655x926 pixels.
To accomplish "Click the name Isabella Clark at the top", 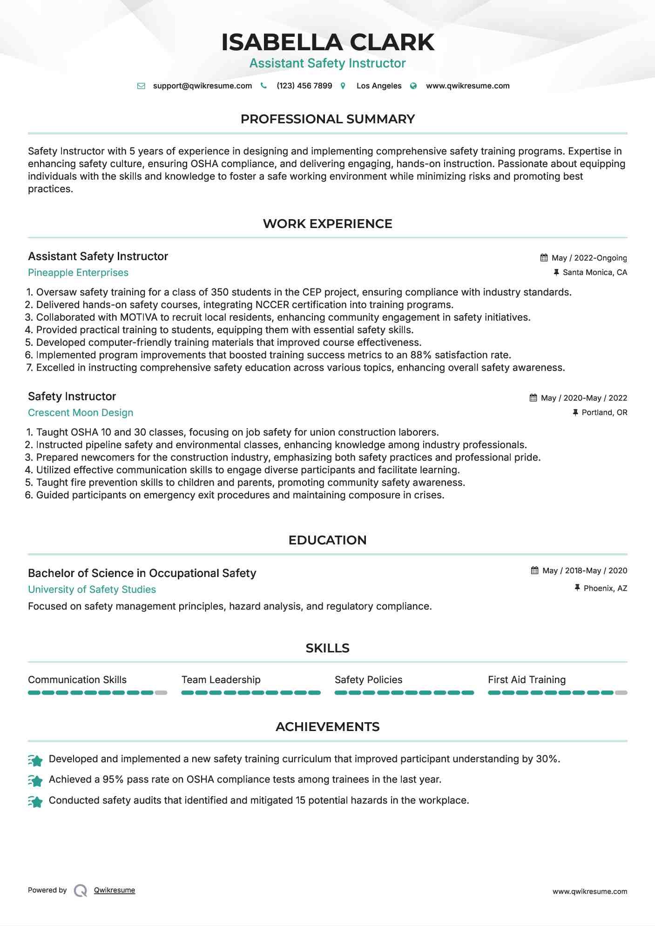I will point(327,42).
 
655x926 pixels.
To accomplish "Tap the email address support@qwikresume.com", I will point(202,86).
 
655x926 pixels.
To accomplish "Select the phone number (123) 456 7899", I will point(304,86).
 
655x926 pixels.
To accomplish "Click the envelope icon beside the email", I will point(141,86).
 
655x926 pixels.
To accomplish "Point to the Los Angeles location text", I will point(378,86).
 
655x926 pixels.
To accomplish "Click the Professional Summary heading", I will point(327,119).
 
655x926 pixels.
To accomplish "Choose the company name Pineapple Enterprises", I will point(78,273).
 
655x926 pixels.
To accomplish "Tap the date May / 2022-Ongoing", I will point(589,258).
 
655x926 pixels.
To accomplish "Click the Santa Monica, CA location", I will point(594,273).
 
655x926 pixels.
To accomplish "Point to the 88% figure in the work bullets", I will point(420,355).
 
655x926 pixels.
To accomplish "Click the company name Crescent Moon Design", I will point(81,413).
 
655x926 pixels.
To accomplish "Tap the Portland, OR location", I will point(604,413).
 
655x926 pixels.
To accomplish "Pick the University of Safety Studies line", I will point(92,590).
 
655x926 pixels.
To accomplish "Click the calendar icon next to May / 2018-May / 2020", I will point(534,570).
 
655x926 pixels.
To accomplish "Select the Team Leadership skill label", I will point(221,680).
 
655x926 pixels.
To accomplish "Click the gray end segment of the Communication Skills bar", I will point(161,693).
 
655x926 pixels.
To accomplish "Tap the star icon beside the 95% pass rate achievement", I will point(35,780).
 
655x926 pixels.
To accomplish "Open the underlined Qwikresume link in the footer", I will point(115,890).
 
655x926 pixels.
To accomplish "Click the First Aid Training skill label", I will point(527,680).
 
